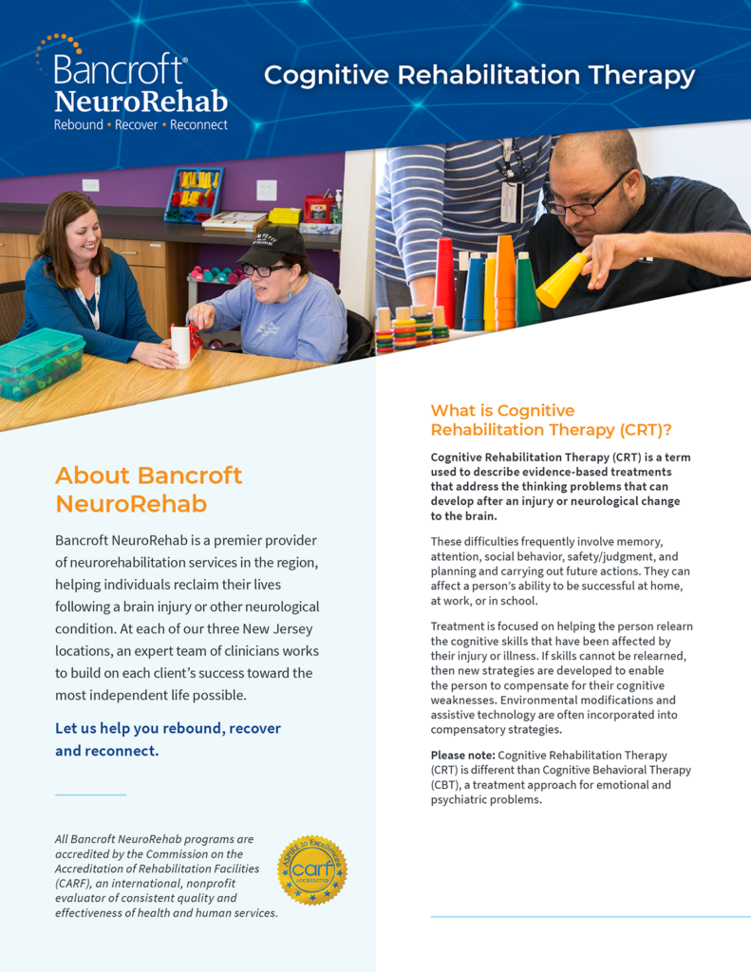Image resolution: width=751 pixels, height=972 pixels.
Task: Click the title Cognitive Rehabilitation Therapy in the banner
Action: [x=479, y=75]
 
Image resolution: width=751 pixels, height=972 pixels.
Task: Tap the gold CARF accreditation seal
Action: [x=311, y=869]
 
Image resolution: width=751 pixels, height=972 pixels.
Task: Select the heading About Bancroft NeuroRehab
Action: [x=148, y=489]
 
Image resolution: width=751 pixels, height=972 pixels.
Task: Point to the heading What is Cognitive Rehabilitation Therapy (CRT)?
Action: [x=551, y=420]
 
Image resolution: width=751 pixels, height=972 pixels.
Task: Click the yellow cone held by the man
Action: [x=562, y=281]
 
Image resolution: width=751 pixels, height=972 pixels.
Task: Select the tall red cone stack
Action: [x=444, y=281]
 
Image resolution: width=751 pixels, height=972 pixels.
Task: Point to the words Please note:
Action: [x=462, y=755]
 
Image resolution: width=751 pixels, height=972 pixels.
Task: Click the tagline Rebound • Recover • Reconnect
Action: [x=141, y=124]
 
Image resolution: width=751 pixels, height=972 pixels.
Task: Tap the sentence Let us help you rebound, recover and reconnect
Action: [x=168, y=739]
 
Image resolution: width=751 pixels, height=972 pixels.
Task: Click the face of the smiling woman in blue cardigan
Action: [x=81, y=232]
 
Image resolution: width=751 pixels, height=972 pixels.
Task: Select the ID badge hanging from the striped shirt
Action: [x=512, y=201]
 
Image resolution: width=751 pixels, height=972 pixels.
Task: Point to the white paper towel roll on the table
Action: [x=180, y=345]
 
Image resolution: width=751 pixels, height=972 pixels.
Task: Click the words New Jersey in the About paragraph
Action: [x=272, y=628]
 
